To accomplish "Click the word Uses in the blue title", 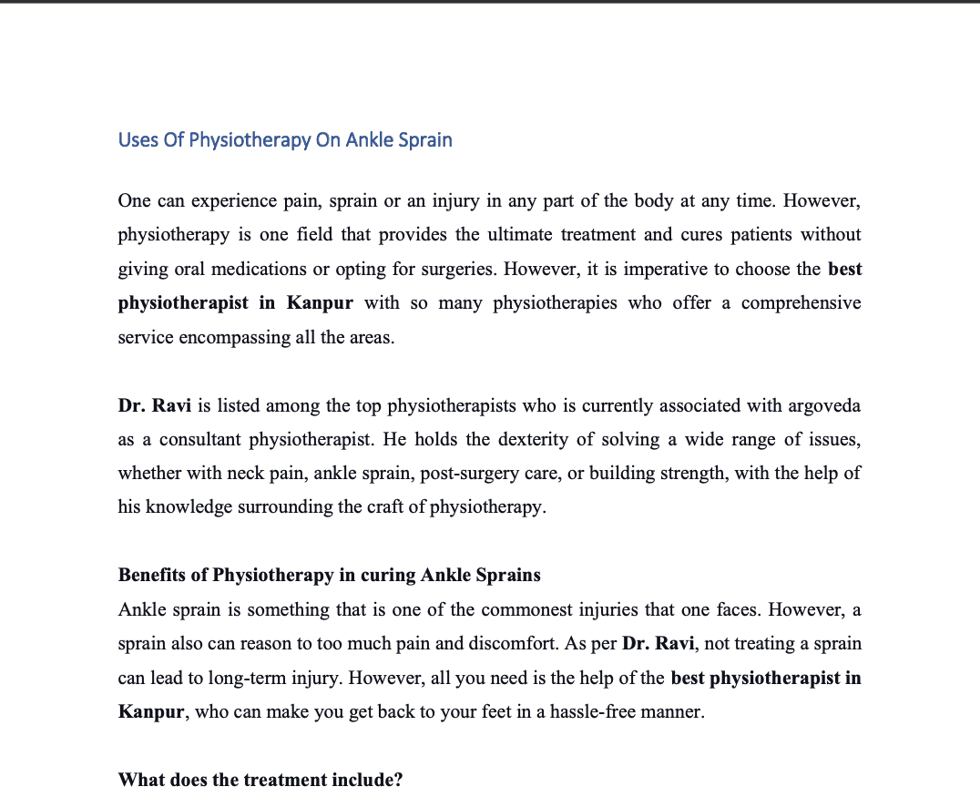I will [138, 140].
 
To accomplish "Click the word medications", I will [258, 269].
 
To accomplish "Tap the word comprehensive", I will [801, 302].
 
